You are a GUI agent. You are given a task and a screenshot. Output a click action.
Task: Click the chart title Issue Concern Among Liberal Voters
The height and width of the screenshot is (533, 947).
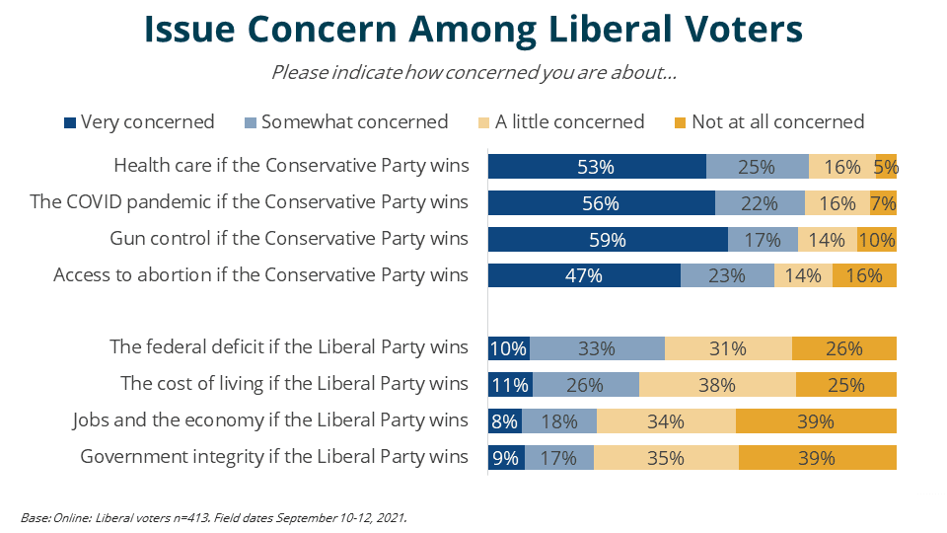[x=473, y=29]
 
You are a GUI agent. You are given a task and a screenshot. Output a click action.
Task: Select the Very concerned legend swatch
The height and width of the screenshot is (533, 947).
[x=70, y=122]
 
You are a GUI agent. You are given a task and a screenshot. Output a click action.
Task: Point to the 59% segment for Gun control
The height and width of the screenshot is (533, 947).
[x=608, y=239]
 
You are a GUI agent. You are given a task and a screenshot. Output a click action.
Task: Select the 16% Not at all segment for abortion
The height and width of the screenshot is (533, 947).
[x=864, y=275]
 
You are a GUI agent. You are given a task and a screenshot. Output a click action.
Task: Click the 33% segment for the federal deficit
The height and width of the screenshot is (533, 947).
[x=597, y=348]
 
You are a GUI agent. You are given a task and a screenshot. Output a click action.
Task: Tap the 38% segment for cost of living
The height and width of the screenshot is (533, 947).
[x=717, y=384]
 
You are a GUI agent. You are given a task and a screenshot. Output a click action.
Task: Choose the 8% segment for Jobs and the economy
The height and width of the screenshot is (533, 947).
[x=504, y=421]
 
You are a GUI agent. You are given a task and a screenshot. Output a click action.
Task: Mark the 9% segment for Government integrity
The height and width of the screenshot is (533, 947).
[x=506, y=458]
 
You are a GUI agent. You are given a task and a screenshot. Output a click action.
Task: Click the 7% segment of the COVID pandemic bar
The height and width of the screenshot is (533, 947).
[x=883, y=203]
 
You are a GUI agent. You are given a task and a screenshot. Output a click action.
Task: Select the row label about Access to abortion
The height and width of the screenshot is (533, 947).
[x=260, y=275]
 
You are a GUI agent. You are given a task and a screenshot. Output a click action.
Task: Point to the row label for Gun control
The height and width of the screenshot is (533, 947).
[x=289, y=239]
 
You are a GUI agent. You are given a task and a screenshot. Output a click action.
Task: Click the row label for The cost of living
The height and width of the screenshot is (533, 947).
[x=294, y=384]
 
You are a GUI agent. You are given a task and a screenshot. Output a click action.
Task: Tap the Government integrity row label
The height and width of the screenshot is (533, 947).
[x=274, y=457]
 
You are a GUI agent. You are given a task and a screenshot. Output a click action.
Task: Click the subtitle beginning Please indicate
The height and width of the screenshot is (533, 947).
[x=473, y=72]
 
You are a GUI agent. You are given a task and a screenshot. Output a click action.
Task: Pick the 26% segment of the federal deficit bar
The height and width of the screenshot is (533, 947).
[x=843, y=348]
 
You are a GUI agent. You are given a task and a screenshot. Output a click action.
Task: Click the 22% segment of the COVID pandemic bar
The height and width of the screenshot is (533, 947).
[x=760, y=203]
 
